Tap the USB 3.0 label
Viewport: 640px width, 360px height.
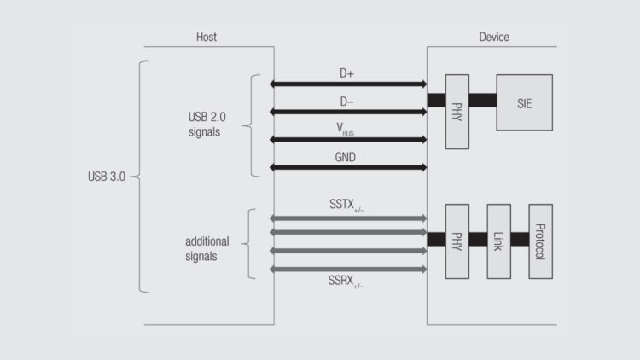tap(107, 177)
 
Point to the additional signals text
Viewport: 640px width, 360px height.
tap(207, 248)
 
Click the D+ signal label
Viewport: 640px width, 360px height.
tap(346, 73)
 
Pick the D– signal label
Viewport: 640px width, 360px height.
tap(346, 102)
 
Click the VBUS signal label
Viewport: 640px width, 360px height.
tap(346, 130)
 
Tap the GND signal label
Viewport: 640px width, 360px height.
tap(346, 157)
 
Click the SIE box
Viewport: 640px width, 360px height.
tap(524, 102)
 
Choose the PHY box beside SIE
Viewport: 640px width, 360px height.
tap(457, 112)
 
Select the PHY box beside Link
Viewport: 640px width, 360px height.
tap(457, 241)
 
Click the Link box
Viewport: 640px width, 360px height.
tap(499, 241)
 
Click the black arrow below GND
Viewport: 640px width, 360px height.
tap(348, 167)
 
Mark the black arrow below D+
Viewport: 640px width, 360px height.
tap(348, 84)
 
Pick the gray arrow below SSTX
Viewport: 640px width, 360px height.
tap(348, 218)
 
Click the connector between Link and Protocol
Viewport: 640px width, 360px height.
tap(520, 240)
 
